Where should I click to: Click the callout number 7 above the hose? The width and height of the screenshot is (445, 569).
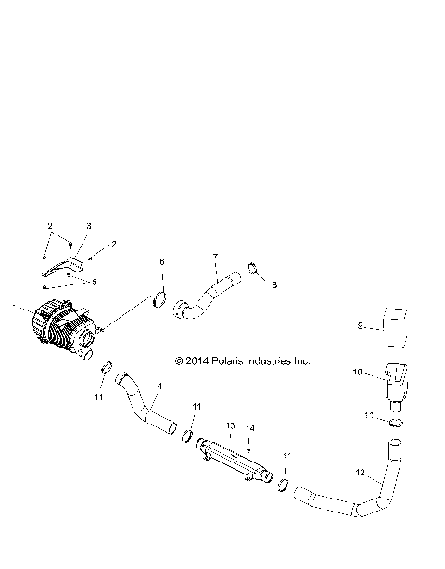pyautogui.click(x=215, y=257)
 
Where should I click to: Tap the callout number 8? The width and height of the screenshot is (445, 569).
pyautogui.click(x=274, y=285)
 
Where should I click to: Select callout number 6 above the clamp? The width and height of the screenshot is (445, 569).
pyautogui.click(x=161, y=262)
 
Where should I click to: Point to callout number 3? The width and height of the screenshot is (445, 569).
pyautogui.click(x=89, y=225)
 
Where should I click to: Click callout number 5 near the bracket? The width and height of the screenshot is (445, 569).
pyautogui.click(x=93, y=281)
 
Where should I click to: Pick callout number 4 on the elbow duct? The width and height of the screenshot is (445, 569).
pyautogui.click(x=159, y=386)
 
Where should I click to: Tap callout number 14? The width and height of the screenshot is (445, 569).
pyautogui.click(x=249, y=429)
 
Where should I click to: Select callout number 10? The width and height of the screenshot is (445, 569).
pyautogui.click(x=358, y=373)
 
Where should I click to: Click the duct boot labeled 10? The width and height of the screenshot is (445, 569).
pyautogui.click(x=394, y=380)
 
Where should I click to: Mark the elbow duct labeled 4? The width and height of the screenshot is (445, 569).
pyautogui.click(x=148, y=404)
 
